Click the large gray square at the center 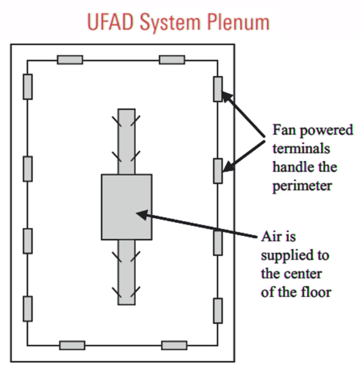click(x=126, y=207)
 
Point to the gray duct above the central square click(x=126, y=140)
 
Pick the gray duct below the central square click(x=126, y=272)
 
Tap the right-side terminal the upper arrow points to click(x=218, y=89)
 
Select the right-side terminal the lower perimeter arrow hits click(x=218, y=171)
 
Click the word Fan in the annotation click(x=284, y=131)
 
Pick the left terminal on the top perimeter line click(x=70, y=59)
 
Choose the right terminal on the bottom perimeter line click(x=174, y=345)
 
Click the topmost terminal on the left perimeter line click(x=28, y=87)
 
